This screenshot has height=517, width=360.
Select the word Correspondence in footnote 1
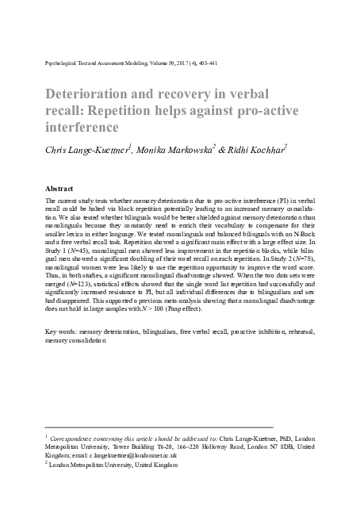(79, 437)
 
